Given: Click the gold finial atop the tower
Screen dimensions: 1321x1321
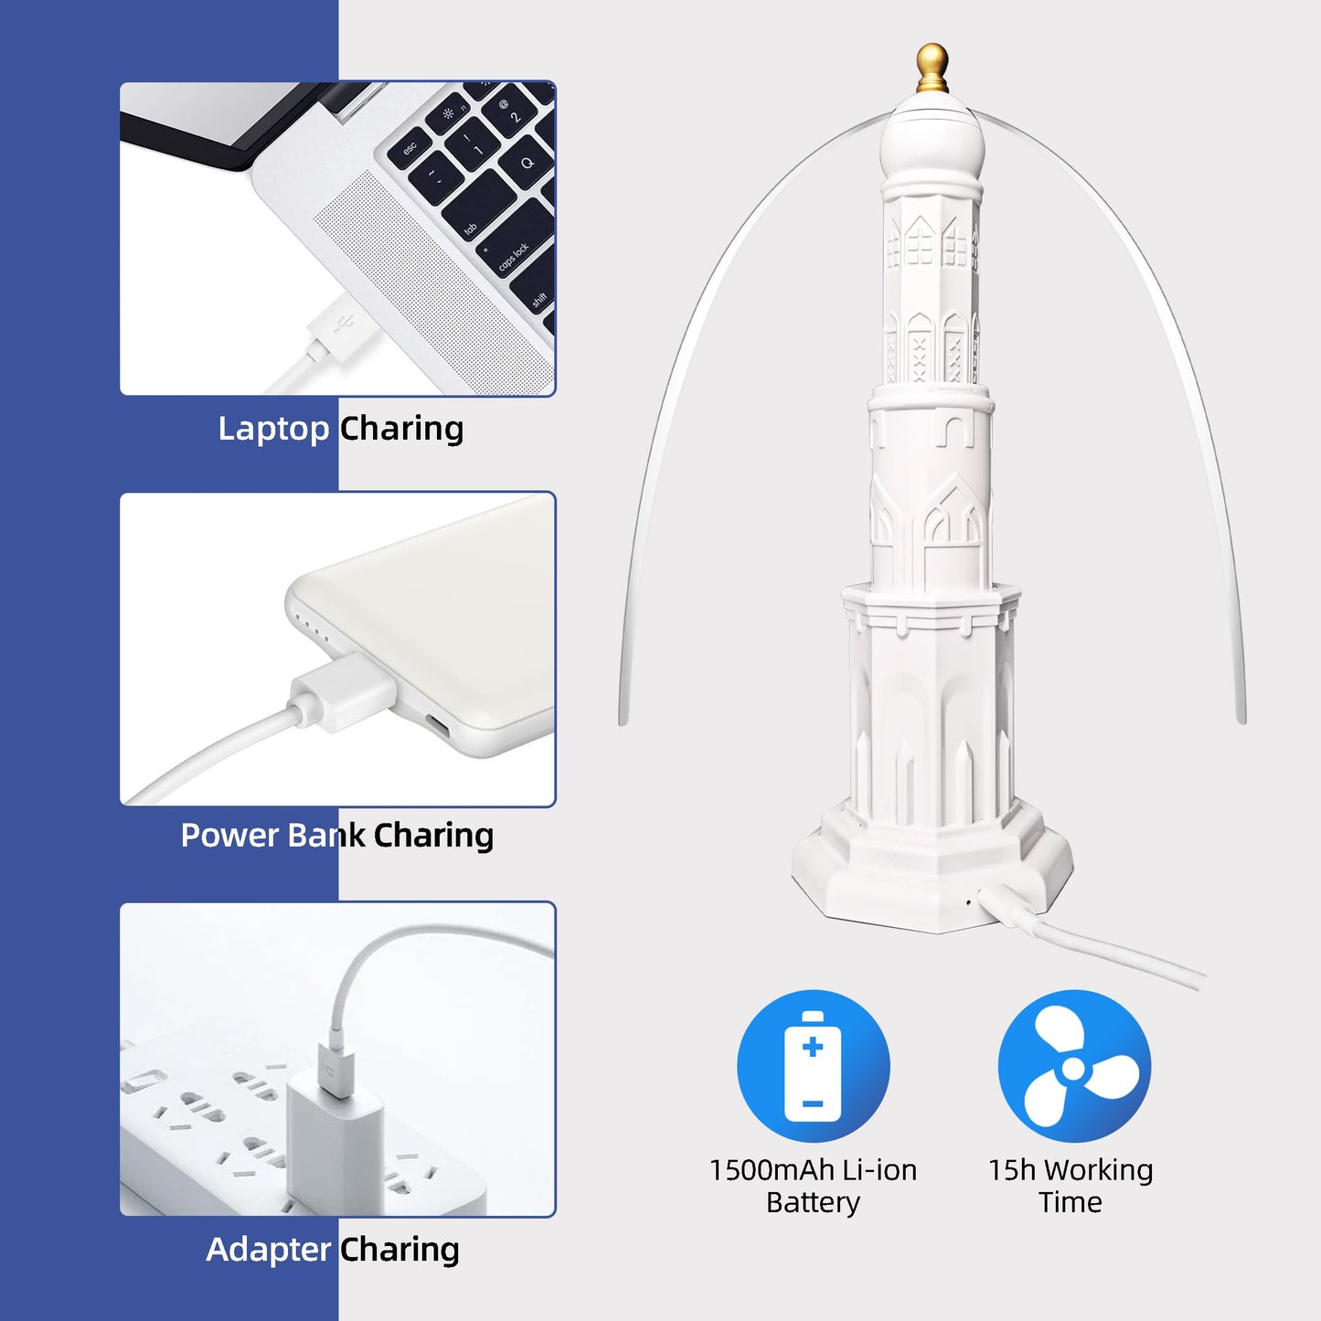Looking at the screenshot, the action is [x=932, y=69].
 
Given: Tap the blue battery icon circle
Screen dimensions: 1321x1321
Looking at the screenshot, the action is [x=813, y=1066].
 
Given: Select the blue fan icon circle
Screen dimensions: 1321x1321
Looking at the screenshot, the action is [x=1073, y=1066].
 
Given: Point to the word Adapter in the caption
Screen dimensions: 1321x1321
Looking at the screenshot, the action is [x=269, y=1250].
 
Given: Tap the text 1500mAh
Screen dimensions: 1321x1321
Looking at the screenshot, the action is [x=772, y=1170].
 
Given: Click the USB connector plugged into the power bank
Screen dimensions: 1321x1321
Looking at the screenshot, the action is [x=344, y=691].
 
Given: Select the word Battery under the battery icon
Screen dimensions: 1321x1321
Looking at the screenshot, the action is [x=813, y=1204].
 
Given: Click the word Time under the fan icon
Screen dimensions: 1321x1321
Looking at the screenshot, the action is [x=1071, y=1202].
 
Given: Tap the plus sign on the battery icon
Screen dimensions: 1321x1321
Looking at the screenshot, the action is [x=813, y=1047].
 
